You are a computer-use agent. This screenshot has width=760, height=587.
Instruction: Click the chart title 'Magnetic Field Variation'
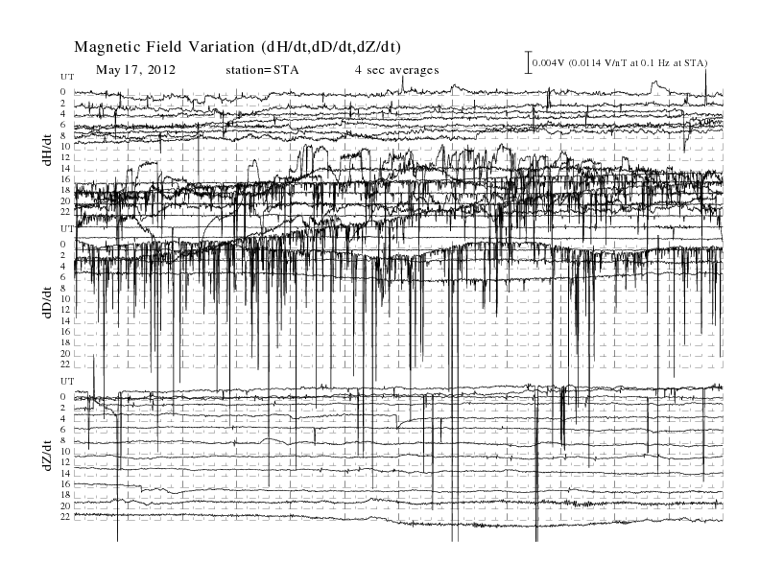(x=164, y=47)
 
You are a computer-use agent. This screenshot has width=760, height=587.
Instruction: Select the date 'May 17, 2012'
(x=135, y=70)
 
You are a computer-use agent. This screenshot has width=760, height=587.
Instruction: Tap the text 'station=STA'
(x=262, y=70)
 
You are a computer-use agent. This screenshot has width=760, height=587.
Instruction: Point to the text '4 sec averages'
(x=396, y=70)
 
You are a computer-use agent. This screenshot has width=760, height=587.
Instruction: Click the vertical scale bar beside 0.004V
(x=529, y=62)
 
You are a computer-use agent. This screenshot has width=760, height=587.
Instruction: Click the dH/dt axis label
(x=47, y=150)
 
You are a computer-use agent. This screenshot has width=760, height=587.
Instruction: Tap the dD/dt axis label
(x=47, y=302)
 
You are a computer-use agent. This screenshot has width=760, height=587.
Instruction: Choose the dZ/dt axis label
(x=47, y=456)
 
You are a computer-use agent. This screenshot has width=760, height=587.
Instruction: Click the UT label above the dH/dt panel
(x=67, y=77)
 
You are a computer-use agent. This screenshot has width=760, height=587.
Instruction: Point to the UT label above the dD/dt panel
(x=67, y=228)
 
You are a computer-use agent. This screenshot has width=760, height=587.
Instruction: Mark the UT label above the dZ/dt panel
(x=67, y=382)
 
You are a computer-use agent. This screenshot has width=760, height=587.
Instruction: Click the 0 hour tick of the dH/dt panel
(x=63, y=92)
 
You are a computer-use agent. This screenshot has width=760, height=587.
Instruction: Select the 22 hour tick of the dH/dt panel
(x=65, y=212)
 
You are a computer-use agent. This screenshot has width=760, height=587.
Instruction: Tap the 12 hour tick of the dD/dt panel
(x=65, y=310)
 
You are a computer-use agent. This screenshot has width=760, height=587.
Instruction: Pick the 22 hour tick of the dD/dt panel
(x=65, y=364)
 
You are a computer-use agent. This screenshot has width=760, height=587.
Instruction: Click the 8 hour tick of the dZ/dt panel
(x=63, y=441)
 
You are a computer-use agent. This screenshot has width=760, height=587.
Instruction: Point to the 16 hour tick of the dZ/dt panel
(x=65, y=484)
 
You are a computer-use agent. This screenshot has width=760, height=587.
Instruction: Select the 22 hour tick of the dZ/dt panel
(x=65, y=517)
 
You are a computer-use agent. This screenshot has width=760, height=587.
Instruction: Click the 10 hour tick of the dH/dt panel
(x=65, y=146)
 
